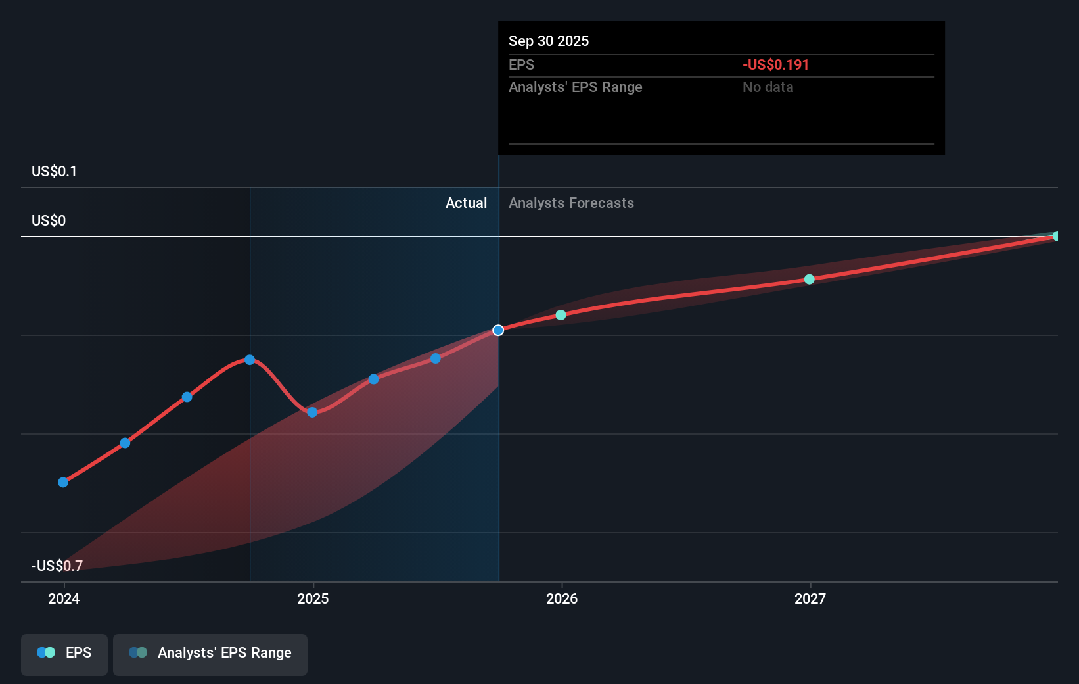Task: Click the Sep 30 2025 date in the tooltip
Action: [548, 41]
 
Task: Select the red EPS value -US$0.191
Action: [775, 64]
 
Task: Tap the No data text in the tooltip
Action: [768, 87]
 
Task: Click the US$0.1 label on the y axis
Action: [54, 171]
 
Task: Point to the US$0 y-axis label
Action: [49, 220]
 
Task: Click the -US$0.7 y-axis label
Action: [57, 566]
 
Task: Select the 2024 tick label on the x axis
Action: [64, 598]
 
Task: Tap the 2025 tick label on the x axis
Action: [313, 598]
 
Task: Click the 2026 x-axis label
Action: [562, 598]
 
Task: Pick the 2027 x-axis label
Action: [810, 598]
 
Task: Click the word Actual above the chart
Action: [466, 203]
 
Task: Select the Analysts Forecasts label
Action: [571, 203]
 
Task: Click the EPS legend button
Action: [64, 653]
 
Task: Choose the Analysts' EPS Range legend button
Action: [210, 653]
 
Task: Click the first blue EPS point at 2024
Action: [63, 482]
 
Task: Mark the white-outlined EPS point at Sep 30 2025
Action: [498, 330]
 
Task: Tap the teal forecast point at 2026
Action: [561, 315]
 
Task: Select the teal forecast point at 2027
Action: [810, 280]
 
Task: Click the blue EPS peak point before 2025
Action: [250, 360]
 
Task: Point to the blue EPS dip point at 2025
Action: [312, 412]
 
